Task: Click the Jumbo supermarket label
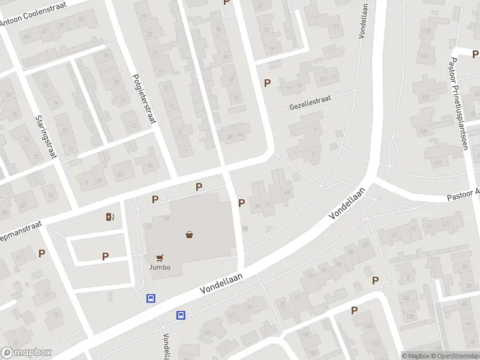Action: [160, 268]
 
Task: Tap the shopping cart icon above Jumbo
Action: [160, 258]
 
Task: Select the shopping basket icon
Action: [190, 235]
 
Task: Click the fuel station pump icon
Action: [110, 217]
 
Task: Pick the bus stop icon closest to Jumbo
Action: [151, 298]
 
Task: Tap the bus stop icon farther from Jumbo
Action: [181, 315]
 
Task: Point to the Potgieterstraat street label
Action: [144, 98]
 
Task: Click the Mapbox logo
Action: [26, 353]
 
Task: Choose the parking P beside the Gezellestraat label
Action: [267, 83]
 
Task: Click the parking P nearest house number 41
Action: [241, 203]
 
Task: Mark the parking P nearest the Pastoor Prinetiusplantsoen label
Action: [458, 53]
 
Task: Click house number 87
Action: [365, 245]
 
